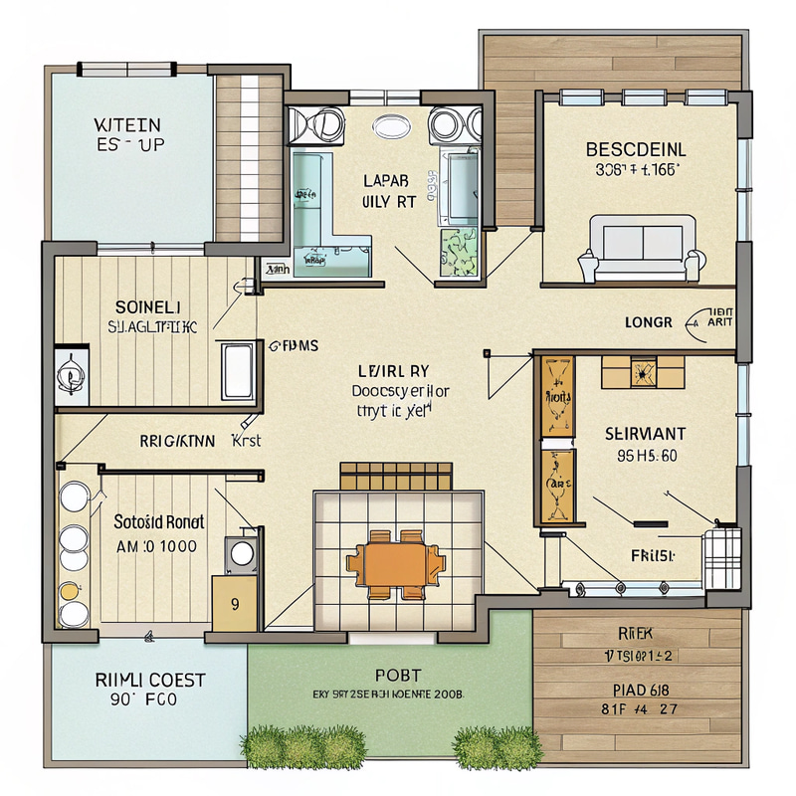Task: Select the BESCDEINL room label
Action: tap(636, 150)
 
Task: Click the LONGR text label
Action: tap(648, 322)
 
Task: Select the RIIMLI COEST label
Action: tap(150, 681)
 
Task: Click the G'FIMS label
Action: tap(294, 346)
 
